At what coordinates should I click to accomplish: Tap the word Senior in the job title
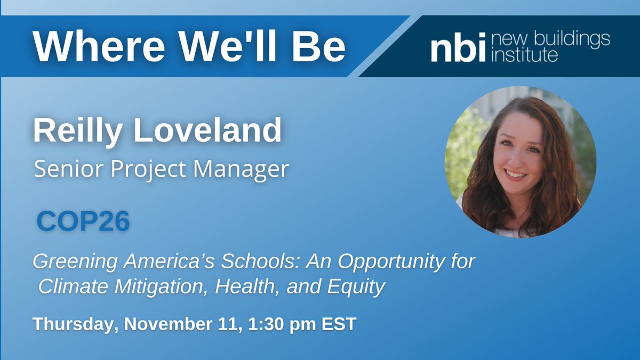[x=61, y=169]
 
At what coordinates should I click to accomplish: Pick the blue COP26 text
[x=83, y=222]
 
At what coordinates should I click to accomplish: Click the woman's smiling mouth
[x=516, y=173]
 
